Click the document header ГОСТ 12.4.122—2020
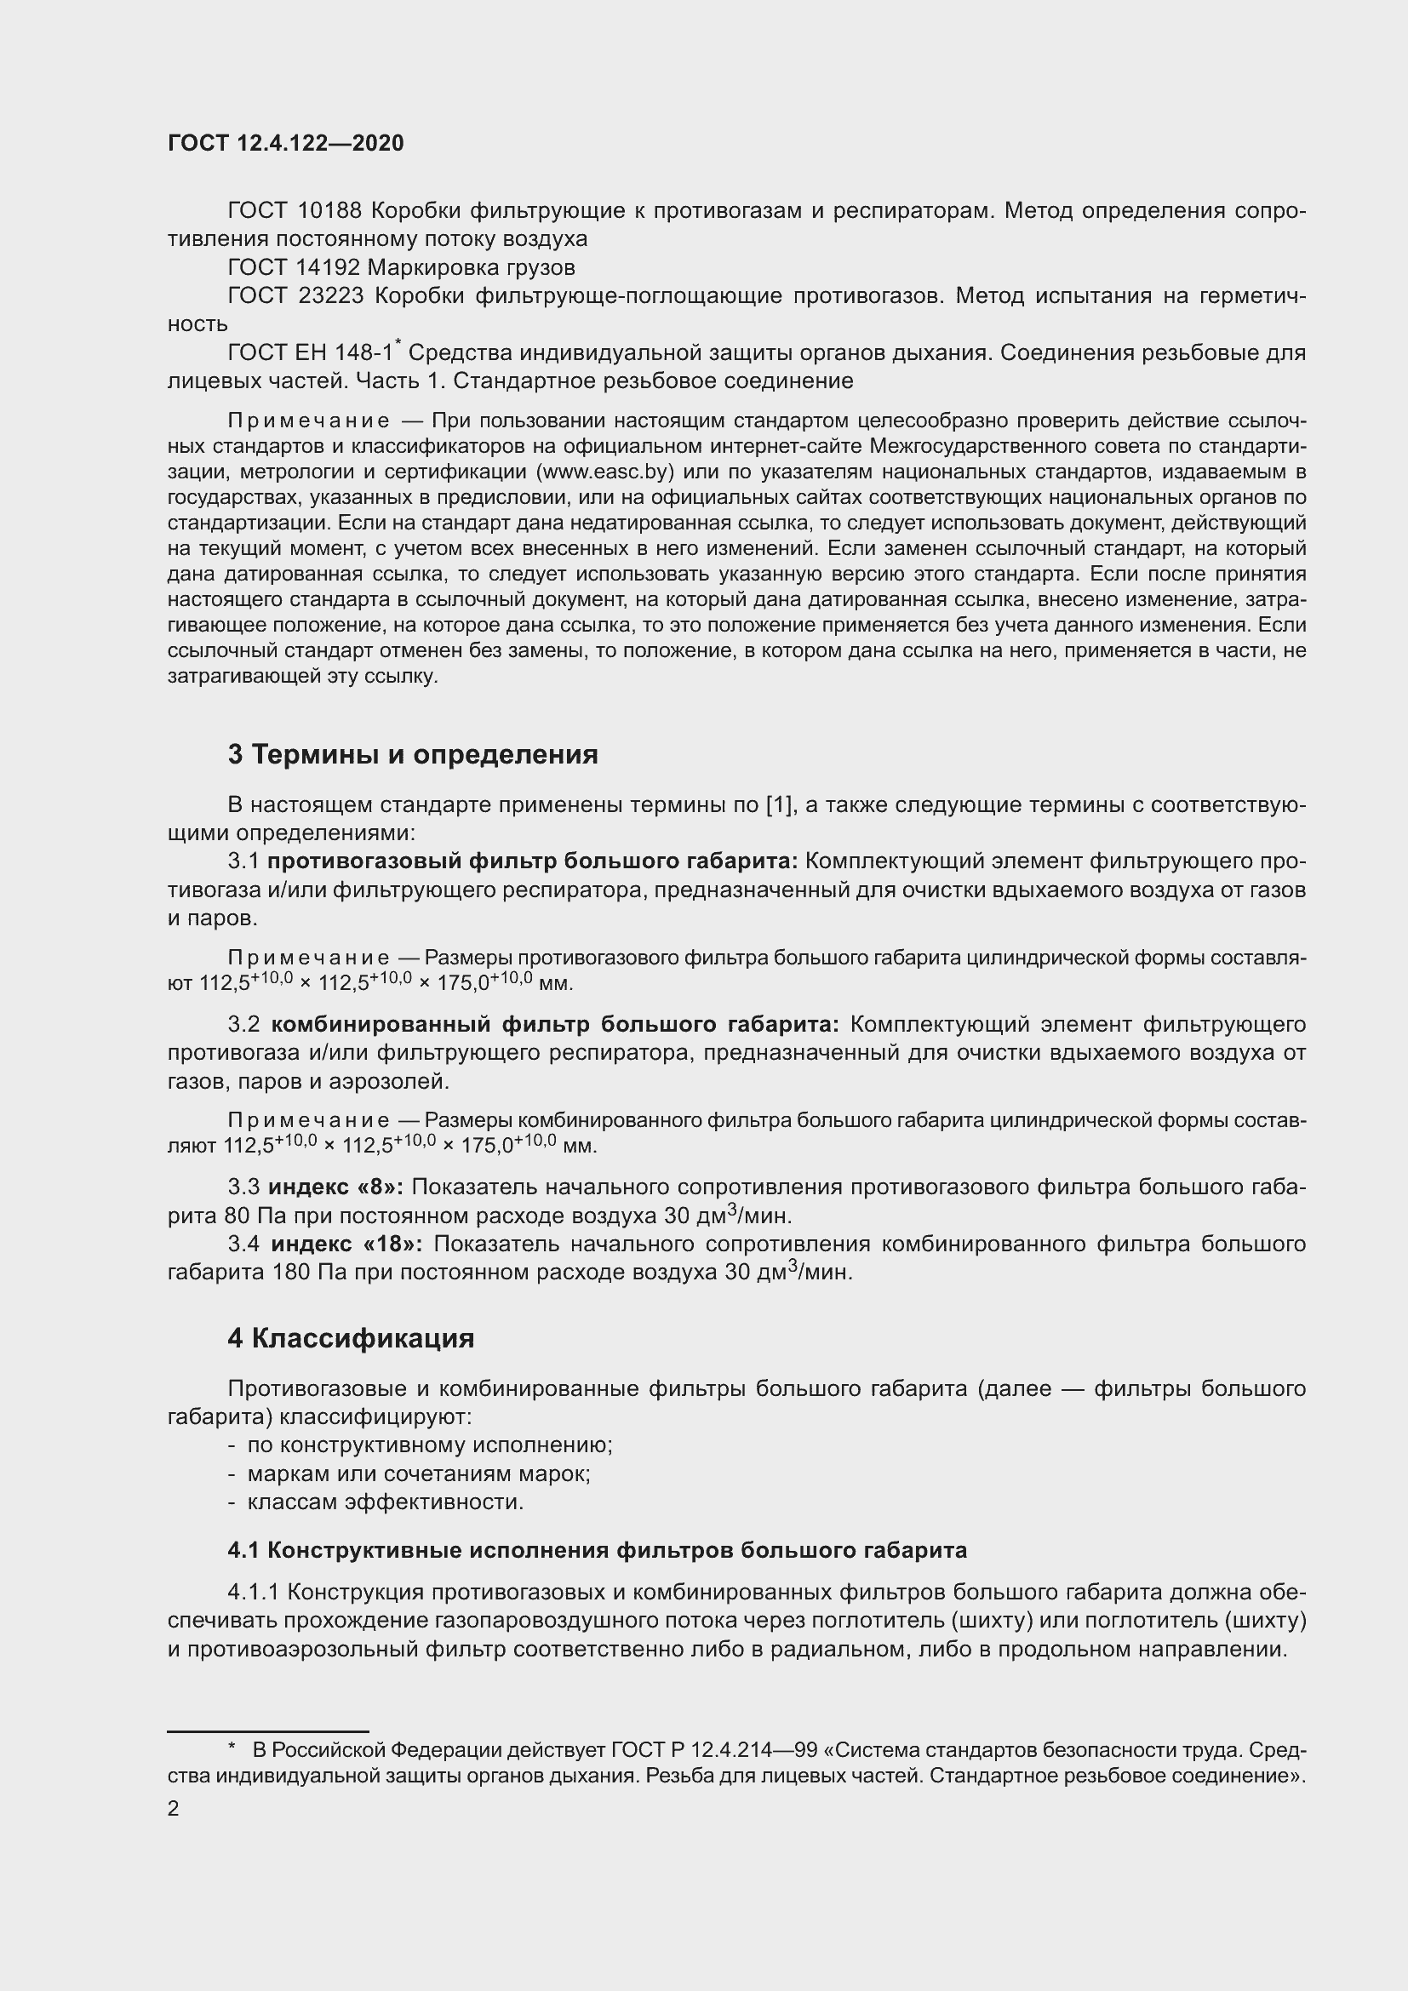tap(286, 144)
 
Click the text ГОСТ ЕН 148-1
tap(311, 353)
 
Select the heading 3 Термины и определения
tap(413, 754)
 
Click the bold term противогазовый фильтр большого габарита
tap(532, 861)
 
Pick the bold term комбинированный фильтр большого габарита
tap(555, 1024)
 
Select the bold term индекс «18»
tap(346, 1244)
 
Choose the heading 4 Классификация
tap(351, 1338)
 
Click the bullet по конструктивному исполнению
tap(430, 1445)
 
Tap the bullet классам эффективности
tap(385, 1502)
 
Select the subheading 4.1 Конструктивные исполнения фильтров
tap(598, 1549)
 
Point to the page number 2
tap(174, 1809)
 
